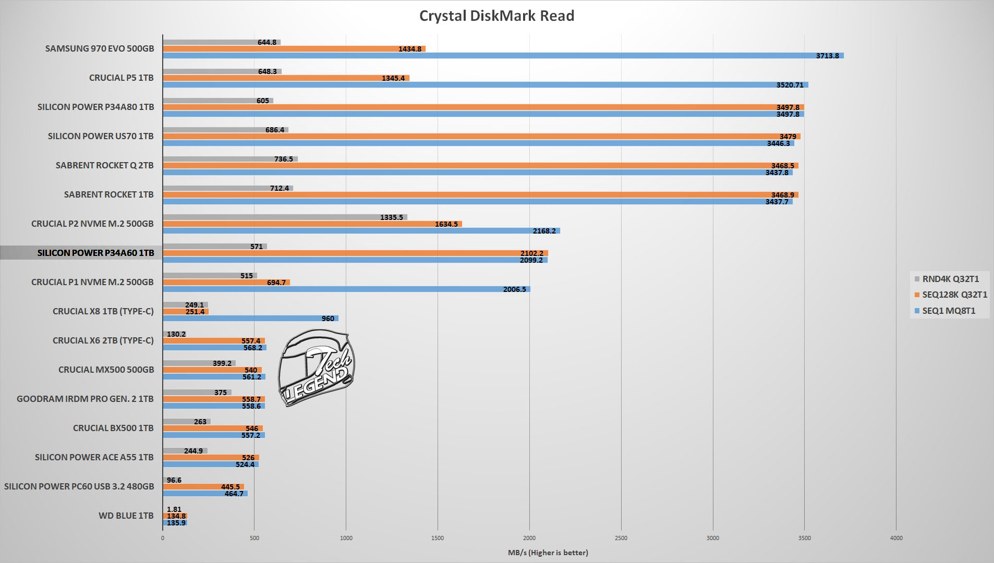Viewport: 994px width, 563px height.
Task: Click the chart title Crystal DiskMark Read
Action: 496,16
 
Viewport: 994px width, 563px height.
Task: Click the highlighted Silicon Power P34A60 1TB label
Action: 95,253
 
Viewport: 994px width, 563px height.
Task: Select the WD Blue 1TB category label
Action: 126,516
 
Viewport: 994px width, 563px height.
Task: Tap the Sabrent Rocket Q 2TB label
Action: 104,166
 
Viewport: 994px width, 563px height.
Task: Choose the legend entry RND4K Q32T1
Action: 950,279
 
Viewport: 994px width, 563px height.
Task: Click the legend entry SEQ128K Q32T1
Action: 954,295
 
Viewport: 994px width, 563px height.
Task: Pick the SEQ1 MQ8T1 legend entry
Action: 949,311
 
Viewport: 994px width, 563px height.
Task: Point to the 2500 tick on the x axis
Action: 621,538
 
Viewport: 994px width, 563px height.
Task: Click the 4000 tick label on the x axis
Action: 895,538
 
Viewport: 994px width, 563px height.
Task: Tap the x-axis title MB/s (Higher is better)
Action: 548,553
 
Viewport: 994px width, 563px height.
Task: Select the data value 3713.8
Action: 828,56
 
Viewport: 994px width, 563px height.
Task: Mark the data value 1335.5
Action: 392,217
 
